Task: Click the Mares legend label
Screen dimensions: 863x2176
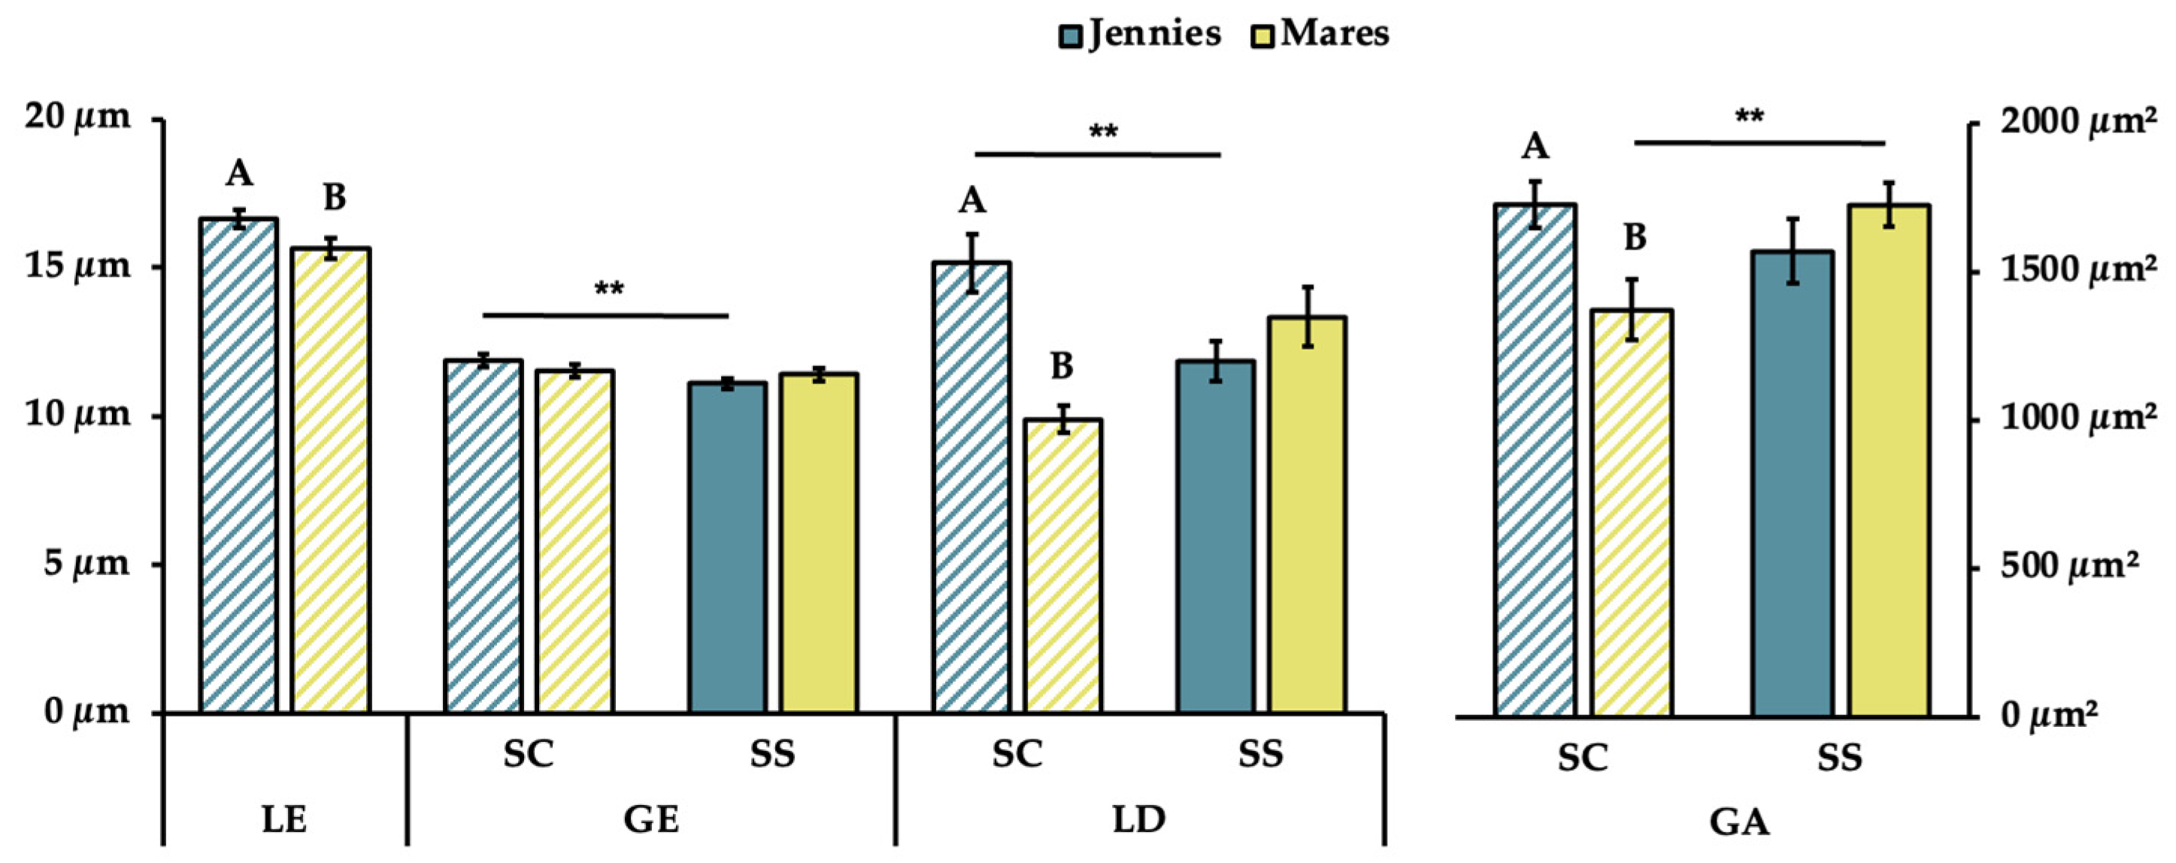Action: pyautogui.click(x=1335, y=35)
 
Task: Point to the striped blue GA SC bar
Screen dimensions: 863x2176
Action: pyautogui.click(x=1535, y=460)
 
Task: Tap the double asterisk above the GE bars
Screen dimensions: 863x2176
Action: pyautogui.click(x=609, y=289)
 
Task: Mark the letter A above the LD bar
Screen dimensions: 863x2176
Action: pyautogui.click(x=972, y=201)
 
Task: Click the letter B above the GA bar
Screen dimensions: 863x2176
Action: pyautogui.click(x=1635, y=239)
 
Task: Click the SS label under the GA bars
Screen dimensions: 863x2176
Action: pyautogui.click(x=1840, y=758)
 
